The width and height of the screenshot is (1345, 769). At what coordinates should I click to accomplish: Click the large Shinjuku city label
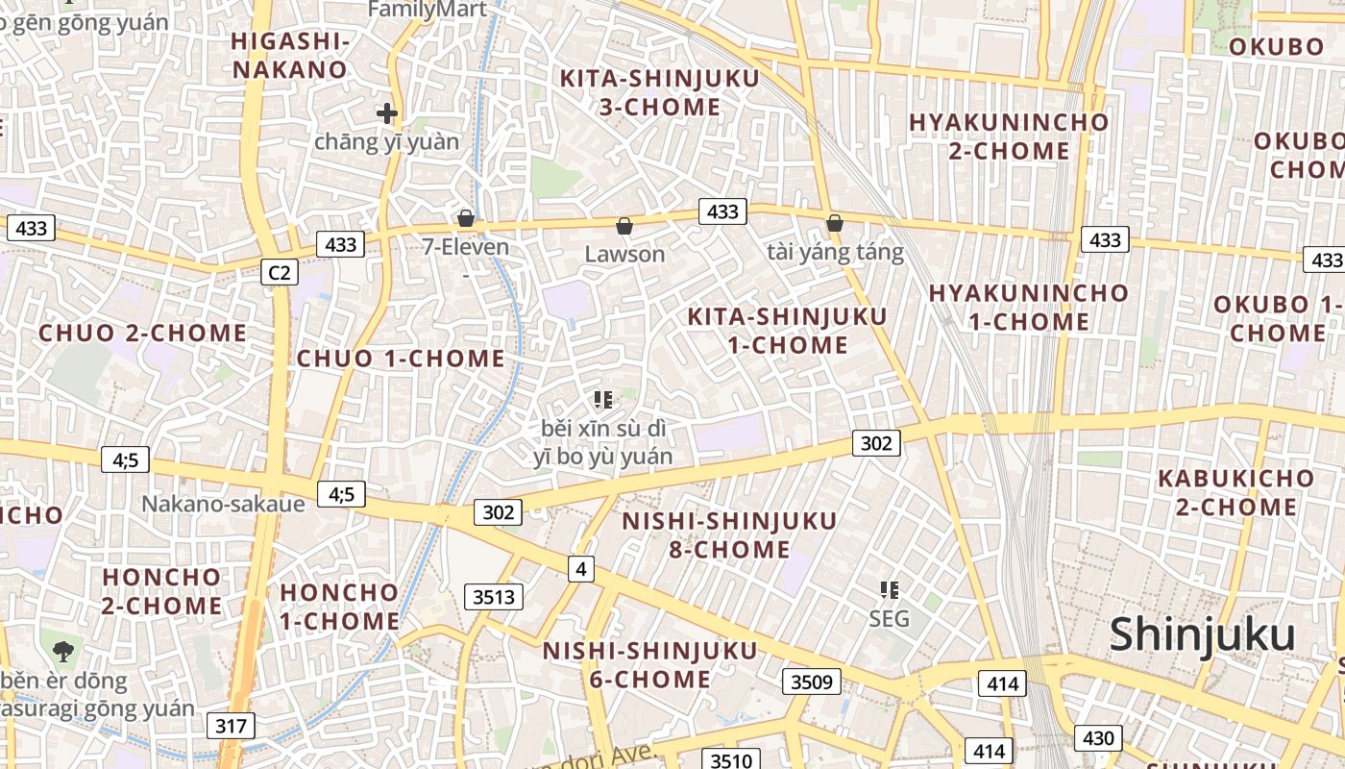(1202, 635)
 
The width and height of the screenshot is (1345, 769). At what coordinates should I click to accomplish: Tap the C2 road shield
(279, 273)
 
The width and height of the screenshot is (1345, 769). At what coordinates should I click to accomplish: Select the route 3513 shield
(494, 597)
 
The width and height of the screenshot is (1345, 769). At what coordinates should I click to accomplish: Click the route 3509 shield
(811, 682)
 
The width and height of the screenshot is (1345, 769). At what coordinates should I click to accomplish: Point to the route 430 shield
(1097, 738)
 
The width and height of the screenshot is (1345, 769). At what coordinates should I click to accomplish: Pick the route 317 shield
(231, 726)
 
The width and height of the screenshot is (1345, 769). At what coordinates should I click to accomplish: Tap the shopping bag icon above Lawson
(624, 226)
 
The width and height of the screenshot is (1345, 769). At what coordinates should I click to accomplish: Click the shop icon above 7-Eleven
(466, 218)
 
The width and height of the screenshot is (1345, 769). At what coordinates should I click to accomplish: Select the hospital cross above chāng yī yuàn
(387, 114)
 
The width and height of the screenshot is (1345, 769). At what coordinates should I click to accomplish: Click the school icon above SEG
(890, 589)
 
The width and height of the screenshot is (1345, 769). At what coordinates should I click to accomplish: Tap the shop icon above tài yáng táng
(835, 223)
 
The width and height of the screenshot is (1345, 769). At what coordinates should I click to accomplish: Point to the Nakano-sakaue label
(223, 504)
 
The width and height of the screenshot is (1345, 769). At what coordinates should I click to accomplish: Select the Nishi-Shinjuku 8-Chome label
(729, 535)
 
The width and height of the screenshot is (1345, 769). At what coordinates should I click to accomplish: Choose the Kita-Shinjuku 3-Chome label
(659, 92)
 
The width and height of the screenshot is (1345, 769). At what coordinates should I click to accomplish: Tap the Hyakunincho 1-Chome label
(1028, 307)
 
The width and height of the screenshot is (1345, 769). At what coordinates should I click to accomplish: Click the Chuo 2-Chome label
(142, 334)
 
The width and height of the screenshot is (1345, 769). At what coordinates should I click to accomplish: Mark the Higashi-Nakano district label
(289, 56)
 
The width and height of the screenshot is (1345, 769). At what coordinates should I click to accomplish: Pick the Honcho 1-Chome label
(339, 607)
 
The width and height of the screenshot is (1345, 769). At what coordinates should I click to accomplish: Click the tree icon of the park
(63, 651)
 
